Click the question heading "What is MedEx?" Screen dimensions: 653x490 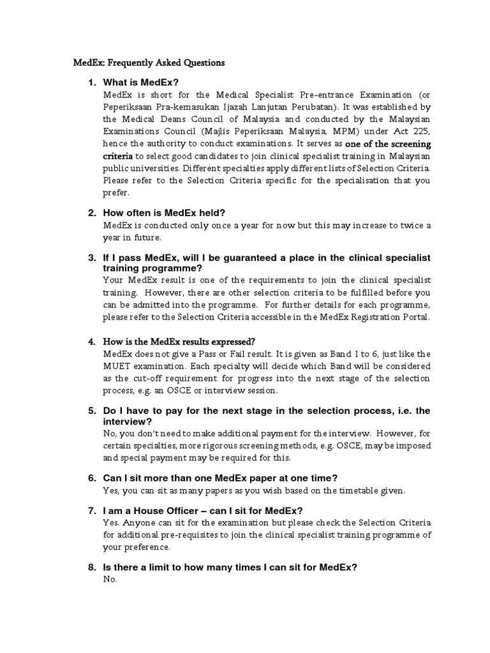click(x=141, y=82)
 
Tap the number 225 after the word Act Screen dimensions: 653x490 click(x=421, y=131)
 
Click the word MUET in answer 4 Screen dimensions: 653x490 click(x=118, y=367)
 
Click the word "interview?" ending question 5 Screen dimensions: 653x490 click(x=126, y=422)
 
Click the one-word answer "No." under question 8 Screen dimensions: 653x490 click(x=110, y=580)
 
